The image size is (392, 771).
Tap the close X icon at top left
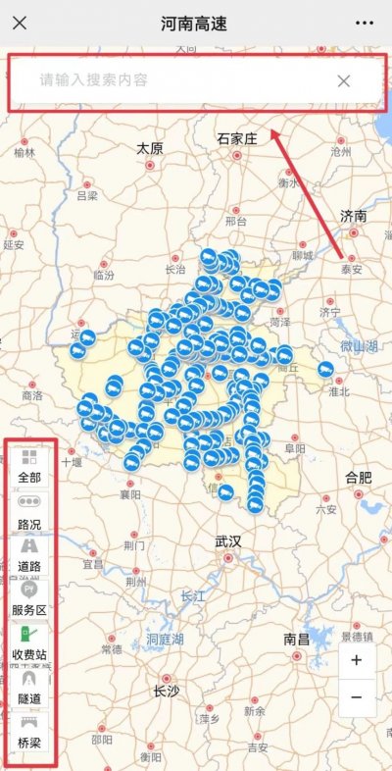[x=20, y=23]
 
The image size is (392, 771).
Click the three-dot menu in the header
[x=365, y=23]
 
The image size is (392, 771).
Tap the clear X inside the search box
[x=344, y=80]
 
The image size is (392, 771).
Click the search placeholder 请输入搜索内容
[x=94, y=80]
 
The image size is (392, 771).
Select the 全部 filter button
[x=29, y=466]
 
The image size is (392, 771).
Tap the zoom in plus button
[x=356, y=660]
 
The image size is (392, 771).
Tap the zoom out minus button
[x=356, y=696]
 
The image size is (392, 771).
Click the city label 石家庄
[x=236, y=140]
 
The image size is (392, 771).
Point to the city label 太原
[x=149, y=148]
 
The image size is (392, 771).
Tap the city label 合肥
[x=358, y=478]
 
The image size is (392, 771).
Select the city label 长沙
[x=166, y=691]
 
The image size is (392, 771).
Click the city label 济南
[x=353, y=215]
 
